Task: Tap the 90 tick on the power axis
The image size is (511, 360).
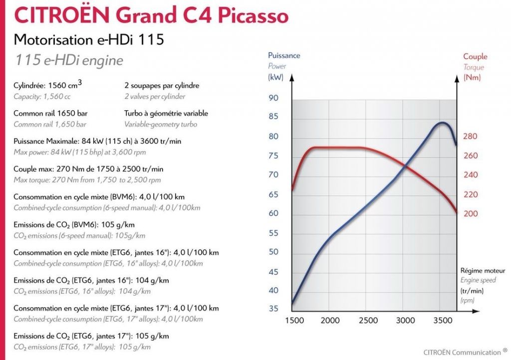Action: [273, 98]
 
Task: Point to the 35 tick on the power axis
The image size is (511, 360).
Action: [273, 309]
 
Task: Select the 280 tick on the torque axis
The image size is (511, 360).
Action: [471, 136]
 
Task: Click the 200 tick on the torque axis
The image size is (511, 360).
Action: [471, 213]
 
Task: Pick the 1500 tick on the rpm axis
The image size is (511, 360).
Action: [294, 320]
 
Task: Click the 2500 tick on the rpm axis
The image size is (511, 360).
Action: [368, 320]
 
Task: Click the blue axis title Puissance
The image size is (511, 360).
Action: [284, 55]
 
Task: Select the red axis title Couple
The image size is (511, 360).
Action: [475, 56]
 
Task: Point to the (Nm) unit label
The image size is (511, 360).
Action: [472, 77]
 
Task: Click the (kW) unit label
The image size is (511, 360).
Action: [275, 77]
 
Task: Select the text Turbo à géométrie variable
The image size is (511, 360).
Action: [166, 113]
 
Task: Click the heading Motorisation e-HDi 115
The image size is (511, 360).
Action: [89, 39]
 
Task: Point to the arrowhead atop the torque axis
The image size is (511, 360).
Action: [456, 77]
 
